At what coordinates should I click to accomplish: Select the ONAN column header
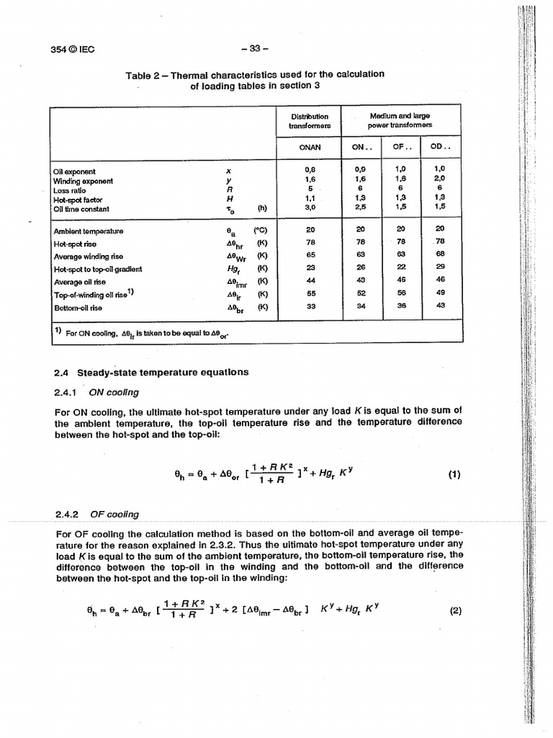[310, 147]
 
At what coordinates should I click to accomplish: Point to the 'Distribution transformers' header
[310, 120]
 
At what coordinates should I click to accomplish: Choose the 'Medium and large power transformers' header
[400, 120]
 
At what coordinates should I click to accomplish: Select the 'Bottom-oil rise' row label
[78, 307]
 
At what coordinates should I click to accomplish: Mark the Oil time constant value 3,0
[310, 209]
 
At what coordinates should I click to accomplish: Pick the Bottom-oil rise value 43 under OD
[440, 306]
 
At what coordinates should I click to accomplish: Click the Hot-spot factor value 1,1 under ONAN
[310, 200]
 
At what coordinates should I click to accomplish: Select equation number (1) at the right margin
[454, 474]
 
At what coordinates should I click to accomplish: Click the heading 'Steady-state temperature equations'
[163, 373]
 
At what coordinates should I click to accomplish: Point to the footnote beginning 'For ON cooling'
[147, 333]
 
